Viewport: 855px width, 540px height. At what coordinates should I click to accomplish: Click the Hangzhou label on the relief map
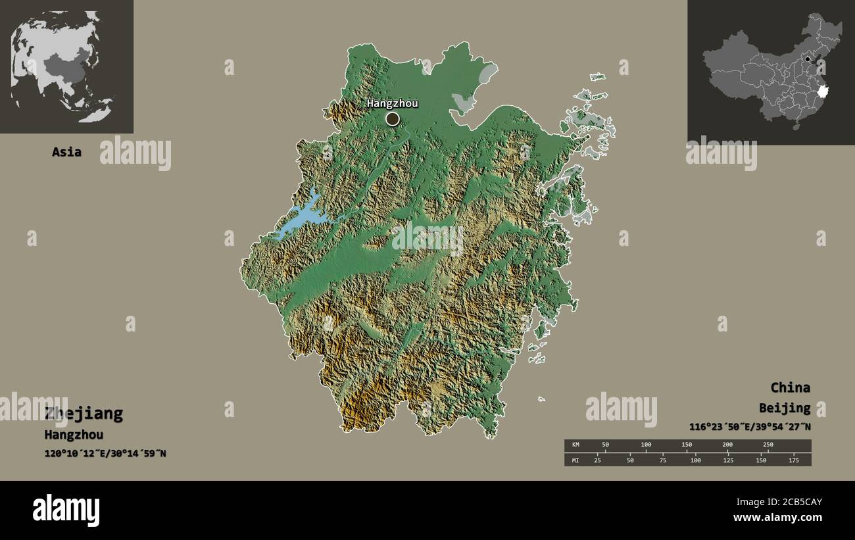coord(392,103)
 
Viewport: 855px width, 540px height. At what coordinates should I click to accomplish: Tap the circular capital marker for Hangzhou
coord(392,118)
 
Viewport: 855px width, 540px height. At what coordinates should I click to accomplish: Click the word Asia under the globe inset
coord(66,152)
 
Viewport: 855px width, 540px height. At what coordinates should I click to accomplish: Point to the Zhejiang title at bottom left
coord(84,414)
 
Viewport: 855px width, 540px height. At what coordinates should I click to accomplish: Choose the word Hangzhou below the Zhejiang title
coord(74,435)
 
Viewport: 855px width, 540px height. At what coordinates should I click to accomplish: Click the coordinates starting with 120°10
coord(105,453)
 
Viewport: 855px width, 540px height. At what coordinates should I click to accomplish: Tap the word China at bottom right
coord(790,387)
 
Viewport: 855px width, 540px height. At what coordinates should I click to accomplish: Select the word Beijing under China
coord(784,408)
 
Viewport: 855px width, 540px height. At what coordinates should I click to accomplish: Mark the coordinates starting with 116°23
coord(750,426)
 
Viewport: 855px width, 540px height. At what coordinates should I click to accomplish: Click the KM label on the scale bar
coord(575,445)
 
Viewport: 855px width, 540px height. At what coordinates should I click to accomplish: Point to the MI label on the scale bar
coord(575,460)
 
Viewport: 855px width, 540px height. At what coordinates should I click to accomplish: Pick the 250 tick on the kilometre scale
coord(768,445)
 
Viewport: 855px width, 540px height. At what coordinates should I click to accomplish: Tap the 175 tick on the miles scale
coord(793,460)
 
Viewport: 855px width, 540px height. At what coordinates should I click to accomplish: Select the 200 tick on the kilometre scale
coord(727,445)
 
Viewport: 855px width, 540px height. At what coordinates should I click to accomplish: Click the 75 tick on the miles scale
coord(663,460)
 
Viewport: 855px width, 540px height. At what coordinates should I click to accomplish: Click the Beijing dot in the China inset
coord(808,59)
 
